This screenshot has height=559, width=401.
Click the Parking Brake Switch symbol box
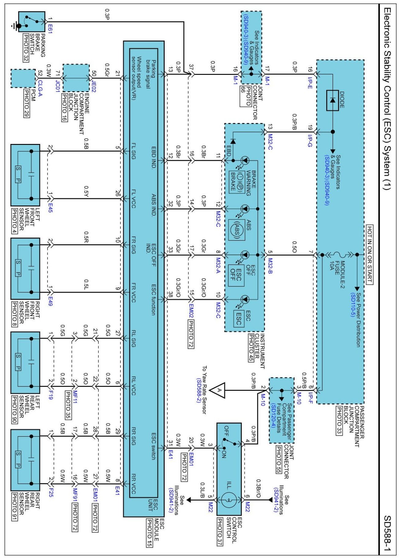32,22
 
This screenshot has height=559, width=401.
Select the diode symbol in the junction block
332,100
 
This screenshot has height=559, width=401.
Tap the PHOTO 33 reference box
339,421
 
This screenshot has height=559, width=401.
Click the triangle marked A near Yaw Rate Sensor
219,390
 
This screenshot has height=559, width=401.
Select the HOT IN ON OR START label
370,254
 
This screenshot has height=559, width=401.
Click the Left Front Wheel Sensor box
25,175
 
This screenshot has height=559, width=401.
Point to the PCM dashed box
23,78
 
